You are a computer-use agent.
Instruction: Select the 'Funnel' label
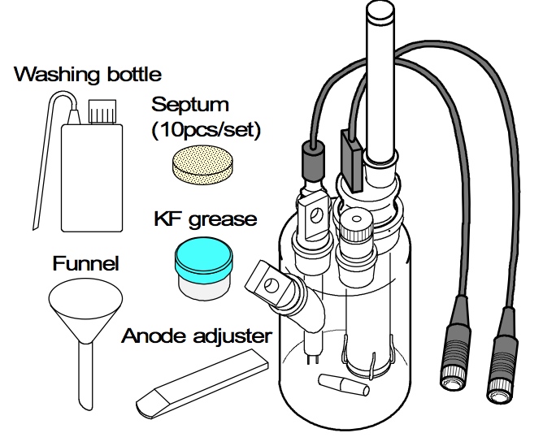pyautogui.click(x=86, y=264)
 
